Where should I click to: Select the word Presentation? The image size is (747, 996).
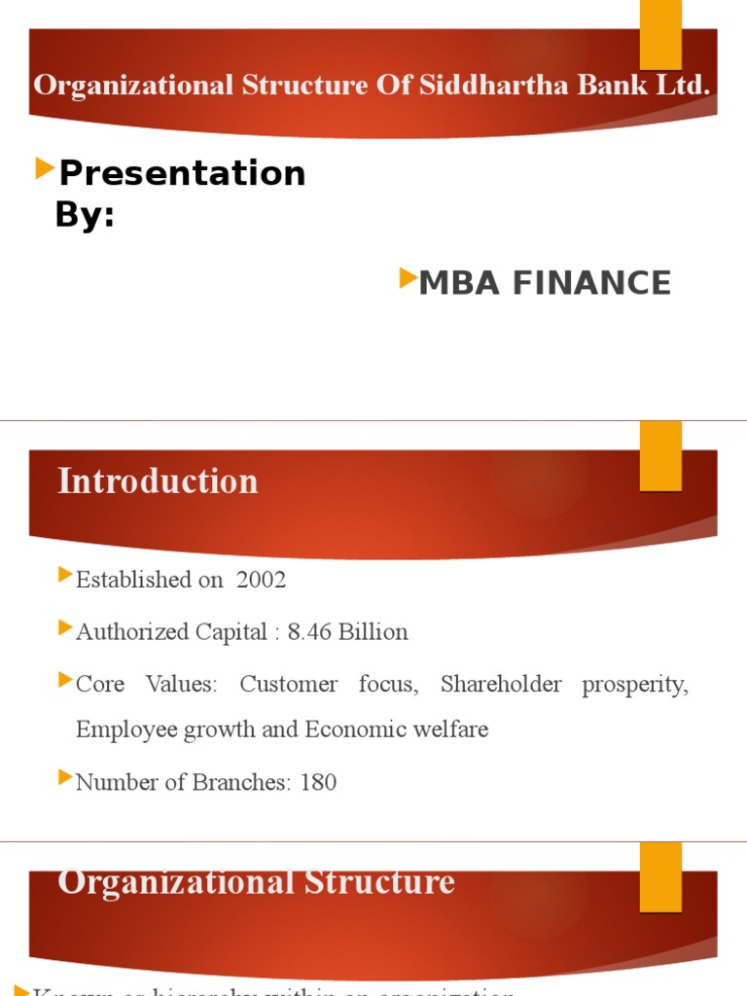(x=182, y=173)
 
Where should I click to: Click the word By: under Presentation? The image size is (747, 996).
(x=85, y=215)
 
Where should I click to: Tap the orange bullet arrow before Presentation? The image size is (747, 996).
(x=44, y=170)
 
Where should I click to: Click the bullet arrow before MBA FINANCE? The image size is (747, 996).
(x=408, y=280)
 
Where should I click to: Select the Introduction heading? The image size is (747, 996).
(x=158, y=481)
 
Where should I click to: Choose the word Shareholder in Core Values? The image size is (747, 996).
(x=501, y=685)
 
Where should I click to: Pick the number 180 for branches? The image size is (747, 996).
(x=318, y=782)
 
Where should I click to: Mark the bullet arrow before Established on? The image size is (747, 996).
(x=65, y=578)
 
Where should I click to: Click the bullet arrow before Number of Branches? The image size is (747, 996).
(x=65, y=778)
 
